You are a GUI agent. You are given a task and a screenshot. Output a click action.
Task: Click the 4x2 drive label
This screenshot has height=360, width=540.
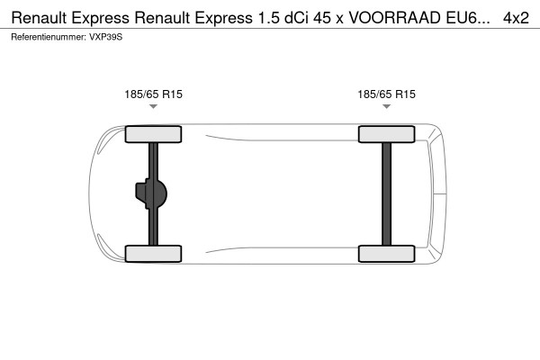point(516,17)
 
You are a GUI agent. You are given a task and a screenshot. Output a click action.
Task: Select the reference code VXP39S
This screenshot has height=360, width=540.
point(106,37)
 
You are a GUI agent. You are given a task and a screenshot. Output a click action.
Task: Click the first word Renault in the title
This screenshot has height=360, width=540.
point(46,17)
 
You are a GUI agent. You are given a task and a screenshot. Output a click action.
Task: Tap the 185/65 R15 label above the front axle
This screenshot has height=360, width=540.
point(153,94)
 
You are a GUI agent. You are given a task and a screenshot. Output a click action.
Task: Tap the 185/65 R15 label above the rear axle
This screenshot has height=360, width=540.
point(387,94)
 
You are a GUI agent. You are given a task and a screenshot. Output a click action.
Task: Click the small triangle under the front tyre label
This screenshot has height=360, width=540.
point(153,107)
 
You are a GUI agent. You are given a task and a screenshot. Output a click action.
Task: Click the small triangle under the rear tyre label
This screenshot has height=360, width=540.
point(387,107)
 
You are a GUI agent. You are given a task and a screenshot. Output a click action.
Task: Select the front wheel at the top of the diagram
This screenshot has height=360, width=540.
point(153,135)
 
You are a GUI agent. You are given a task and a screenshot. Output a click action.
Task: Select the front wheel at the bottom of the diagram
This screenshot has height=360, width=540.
point(153,253)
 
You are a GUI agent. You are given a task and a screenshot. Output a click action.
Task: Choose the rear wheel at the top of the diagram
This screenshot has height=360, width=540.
point(387,135)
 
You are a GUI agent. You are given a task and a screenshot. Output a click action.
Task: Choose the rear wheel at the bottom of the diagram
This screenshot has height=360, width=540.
point(387,253)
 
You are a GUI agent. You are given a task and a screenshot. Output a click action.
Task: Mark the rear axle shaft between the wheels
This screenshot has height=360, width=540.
point(387,193)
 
